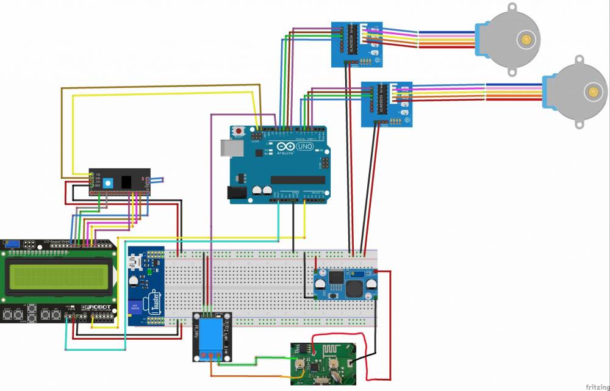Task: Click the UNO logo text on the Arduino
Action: tap(304, 147)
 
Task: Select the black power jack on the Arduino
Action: tap(236, 192)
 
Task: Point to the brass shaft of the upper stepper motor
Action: tap(525, 40)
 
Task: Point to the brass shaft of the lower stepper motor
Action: tap(592, 93)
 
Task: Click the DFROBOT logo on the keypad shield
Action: tap(98, 306)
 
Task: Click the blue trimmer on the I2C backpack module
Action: tap(108, 183)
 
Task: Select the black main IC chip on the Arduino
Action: tap(297, 179)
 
